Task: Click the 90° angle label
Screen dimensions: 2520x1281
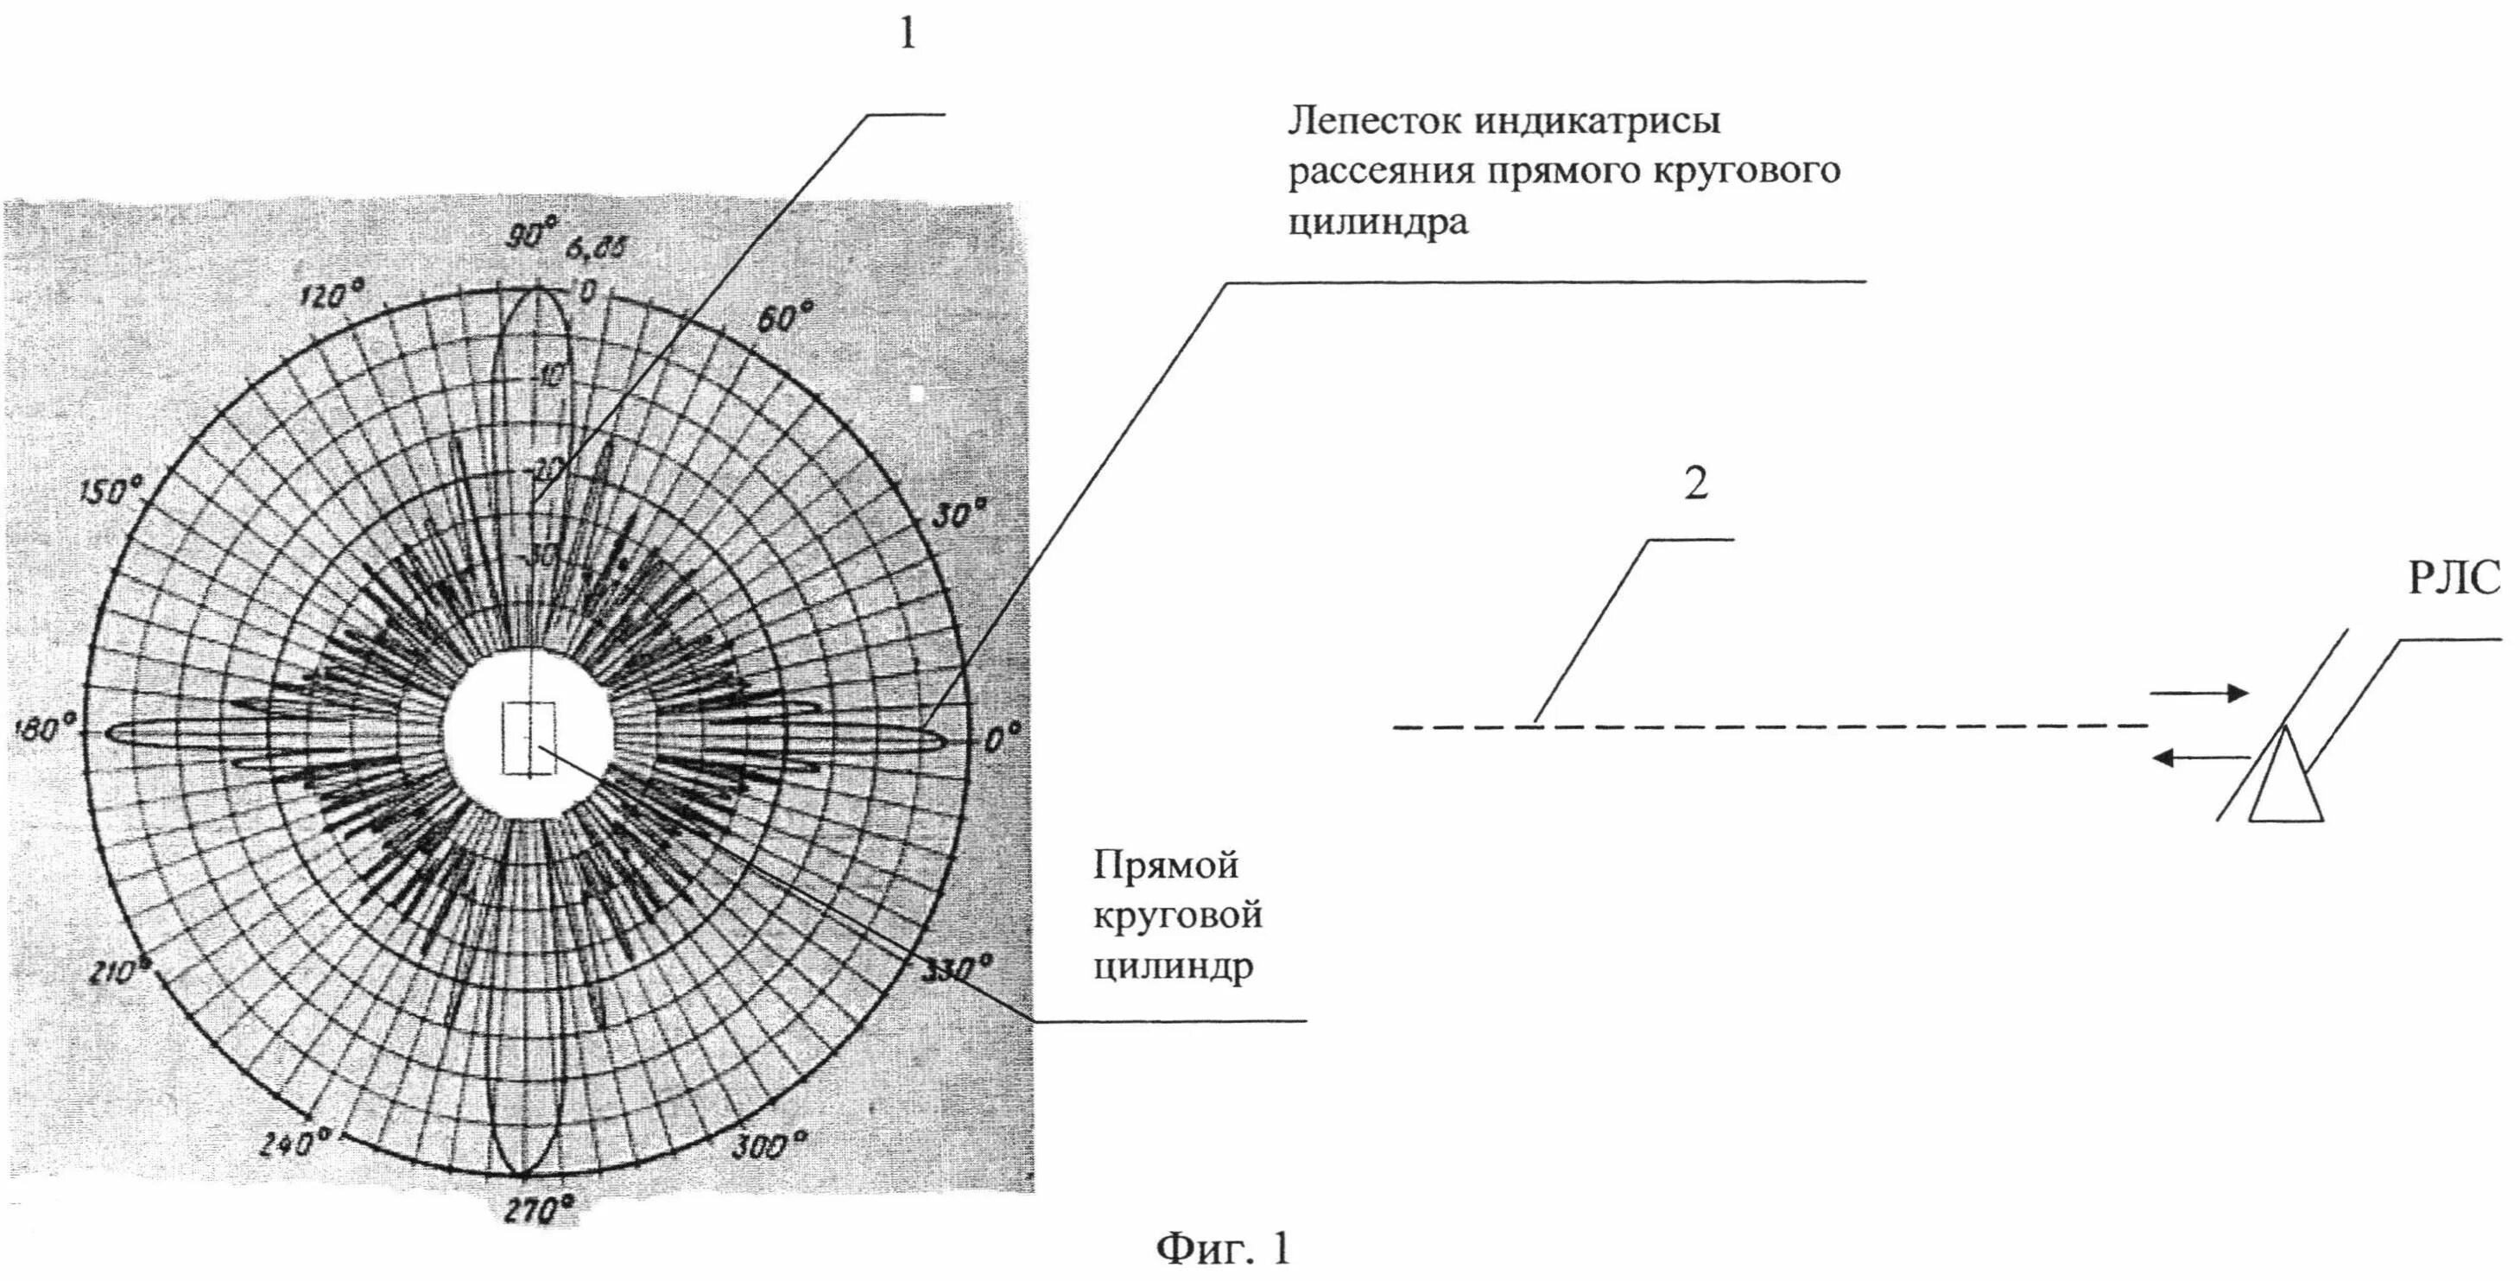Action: [533, 234]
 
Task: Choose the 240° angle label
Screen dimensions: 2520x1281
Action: [296, 1142]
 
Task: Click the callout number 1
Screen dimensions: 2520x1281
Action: [908, 36]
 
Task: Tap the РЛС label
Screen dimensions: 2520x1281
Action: [2454, 580]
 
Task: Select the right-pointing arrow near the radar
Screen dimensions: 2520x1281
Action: [2199, 694]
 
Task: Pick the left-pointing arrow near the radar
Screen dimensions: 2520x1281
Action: [2201, 757]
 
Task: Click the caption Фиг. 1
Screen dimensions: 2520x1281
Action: [1224, 1249]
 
